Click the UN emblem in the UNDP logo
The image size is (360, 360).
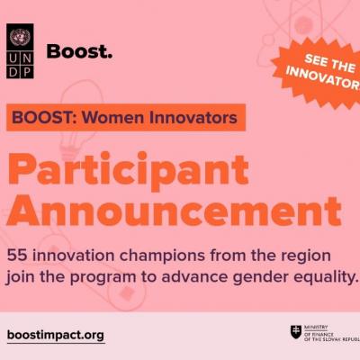(20, 36)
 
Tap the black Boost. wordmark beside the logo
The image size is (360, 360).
(79, 51)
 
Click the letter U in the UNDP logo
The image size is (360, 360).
(13, 58)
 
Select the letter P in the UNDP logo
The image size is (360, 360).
(27, 72)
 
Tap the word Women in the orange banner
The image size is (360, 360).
(110, 117)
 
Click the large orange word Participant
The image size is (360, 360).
(128, 170)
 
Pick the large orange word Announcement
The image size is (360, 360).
(175, 211)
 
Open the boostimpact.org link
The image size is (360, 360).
(56, 335)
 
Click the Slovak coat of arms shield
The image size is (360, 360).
(296, 332)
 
